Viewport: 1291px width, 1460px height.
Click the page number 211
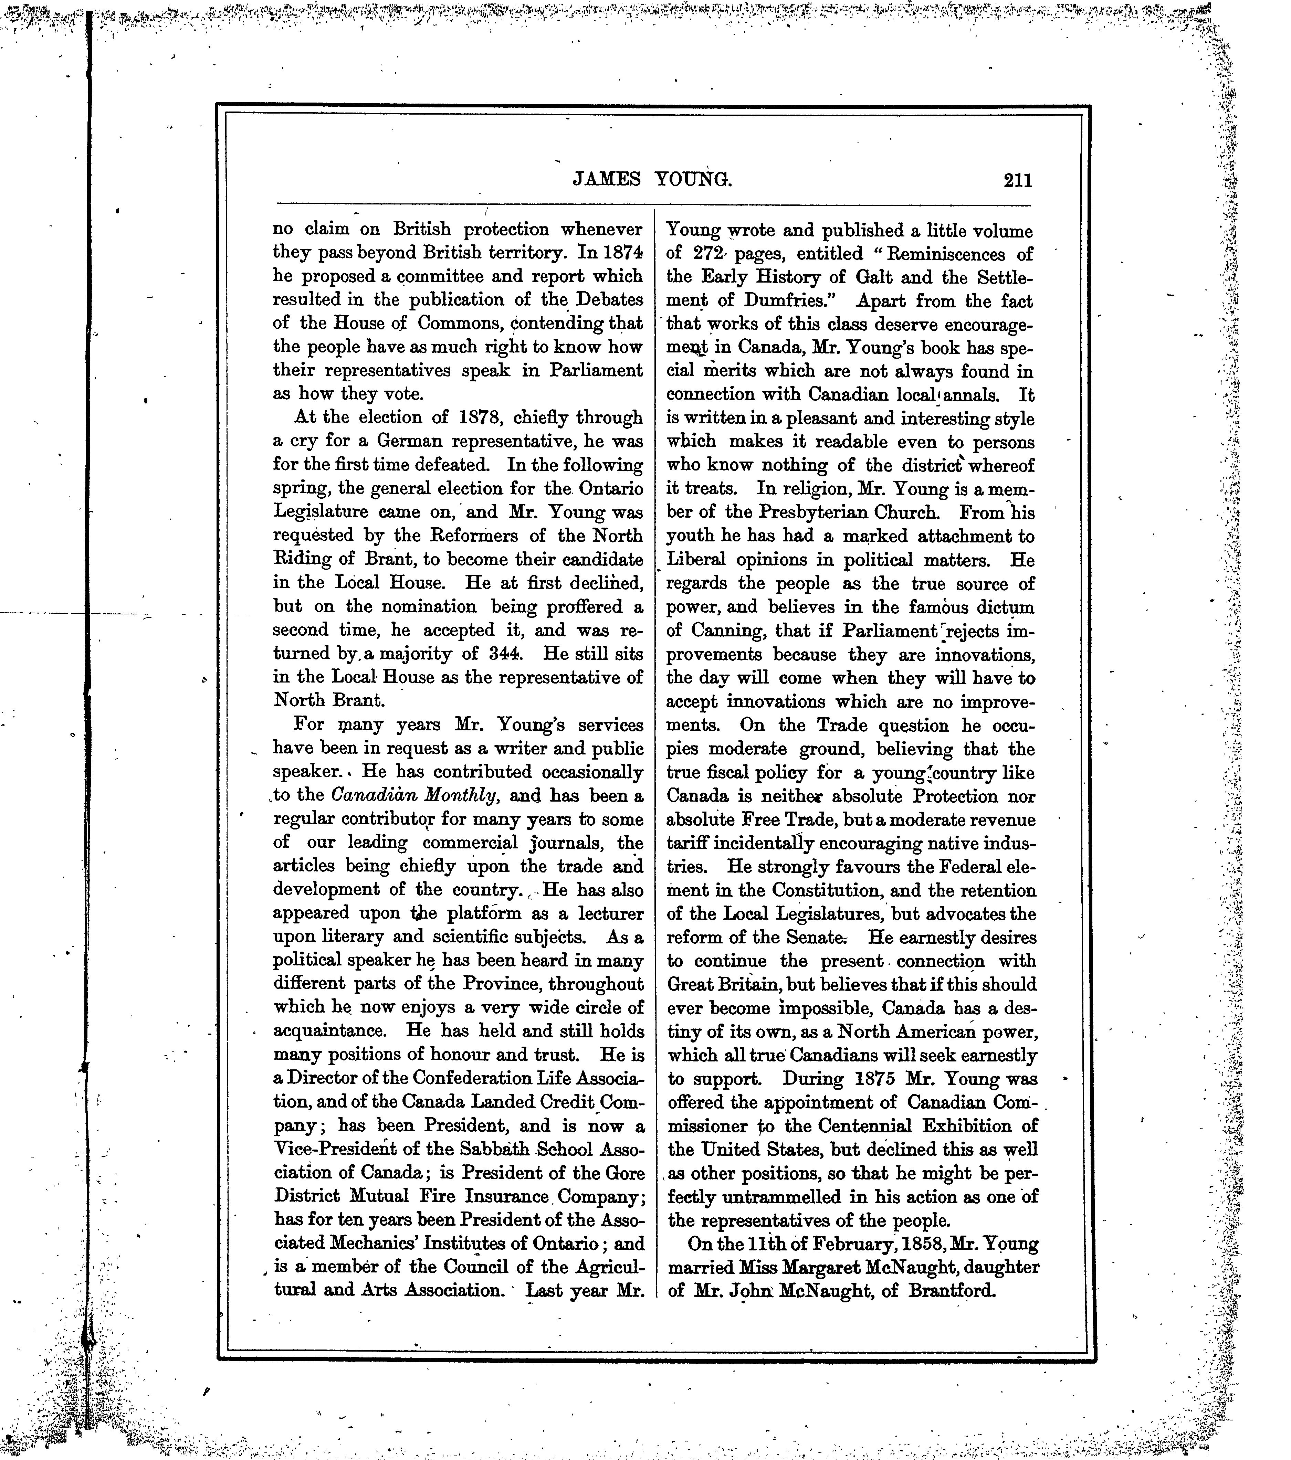click(1017, 180)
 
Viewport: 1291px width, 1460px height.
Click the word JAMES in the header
click(607, 179)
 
